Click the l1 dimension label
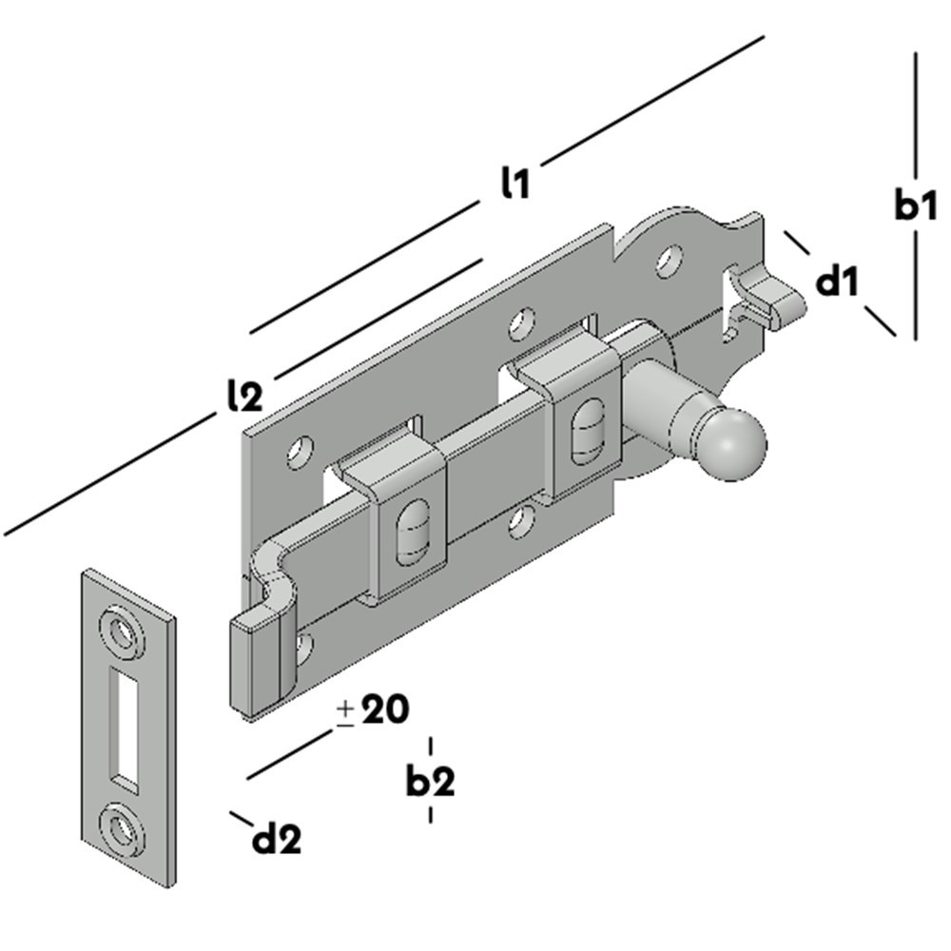(x=515, y=183)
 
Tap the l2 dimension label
(x=245, y=395)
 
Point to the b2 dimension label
(x=431, y=781)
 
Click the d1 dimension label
(x=838, y=281)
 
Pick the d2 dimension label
(x=277, y=839)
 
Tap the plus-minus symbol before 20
(x=345, y=712)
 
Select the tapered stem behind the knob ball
(x=666, y=407)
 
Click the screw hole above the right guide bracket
(x=519, y=324)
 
